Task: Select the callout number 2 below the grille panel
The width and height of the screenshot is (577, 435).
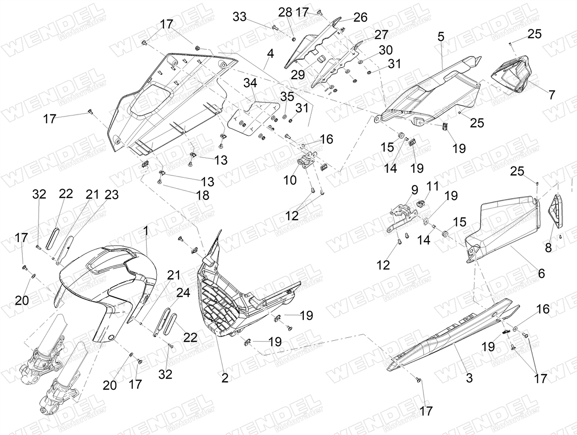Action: coord(225,378)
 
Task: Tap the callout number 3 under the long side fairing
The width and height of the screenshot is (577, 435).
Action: coord(469,378)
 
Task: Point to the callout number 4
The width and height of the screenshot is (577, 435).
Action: coord(270,54)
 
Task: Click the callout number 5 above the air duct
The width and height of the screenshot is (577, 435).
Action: coord(441,37)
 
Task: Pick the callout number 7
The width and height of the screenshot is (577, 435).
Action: coord(552,95)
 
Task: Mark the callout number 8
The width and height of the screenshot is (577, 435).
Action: coord(548,248)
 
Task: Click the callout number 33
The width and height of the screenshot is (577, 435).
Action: coord(239,17)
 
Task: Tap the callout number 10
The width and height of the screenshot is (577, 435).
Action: coord(290,180)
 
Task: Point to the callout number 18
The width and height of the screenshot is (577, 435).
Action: coord(203,195)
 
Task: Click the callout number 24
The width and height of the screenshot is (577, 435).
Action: coord(183,293)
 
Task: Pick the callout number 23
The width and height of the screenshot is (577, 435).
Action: coord(112,195)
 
